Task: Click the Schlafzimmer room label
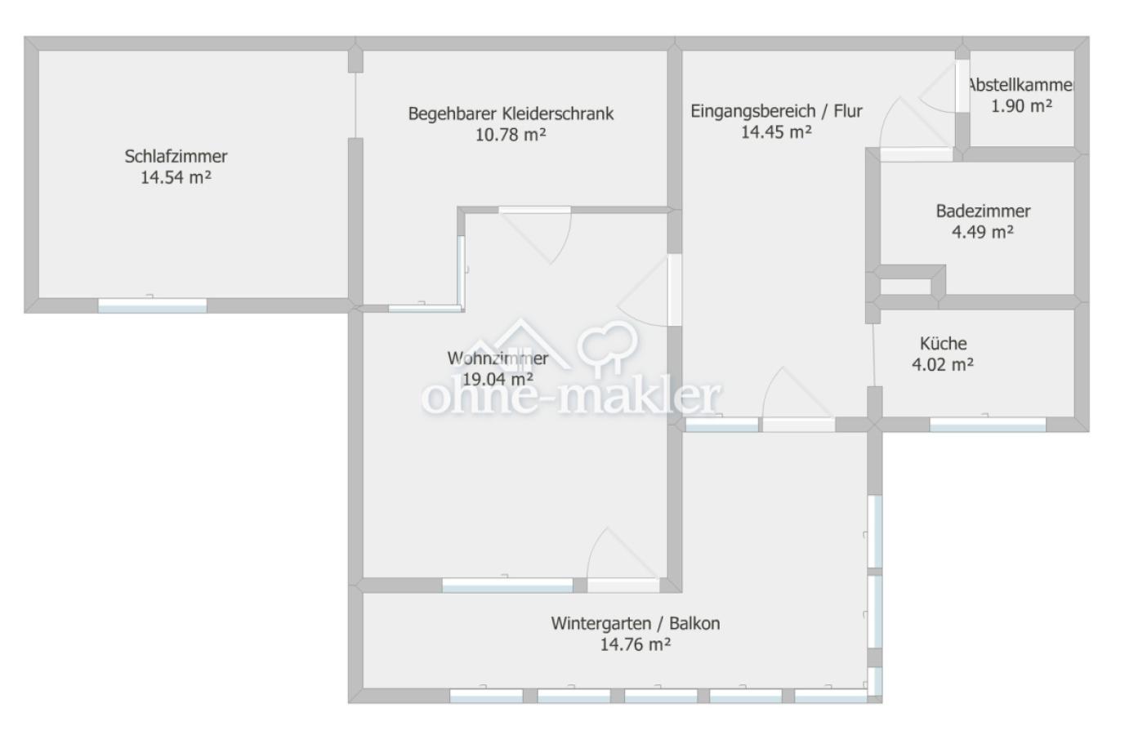point(176,156)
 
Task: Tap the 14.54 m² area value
point(176,177)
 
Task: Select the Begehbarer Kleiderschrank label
point(511,114)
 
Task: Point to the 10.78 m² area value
point(511,134)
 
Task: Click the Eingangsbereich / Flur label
point(776,110)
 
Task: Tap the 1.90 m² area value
point(1021,106)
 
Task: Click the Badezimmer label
point(983,211)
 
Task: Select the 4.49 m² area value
point(983,232)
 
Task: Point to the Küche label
point(944,343)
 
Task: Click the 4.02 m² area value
point(943,364)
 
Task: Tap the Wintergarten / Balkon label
point(636,623)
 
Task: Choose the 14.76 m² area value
point(635,644)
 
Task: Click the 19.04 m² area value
point(498,379)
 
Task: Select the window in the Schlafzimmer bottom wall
point(152,305)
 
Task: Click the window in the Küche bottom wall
point(987,425)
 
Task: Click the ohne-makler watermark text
point(571,397)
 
